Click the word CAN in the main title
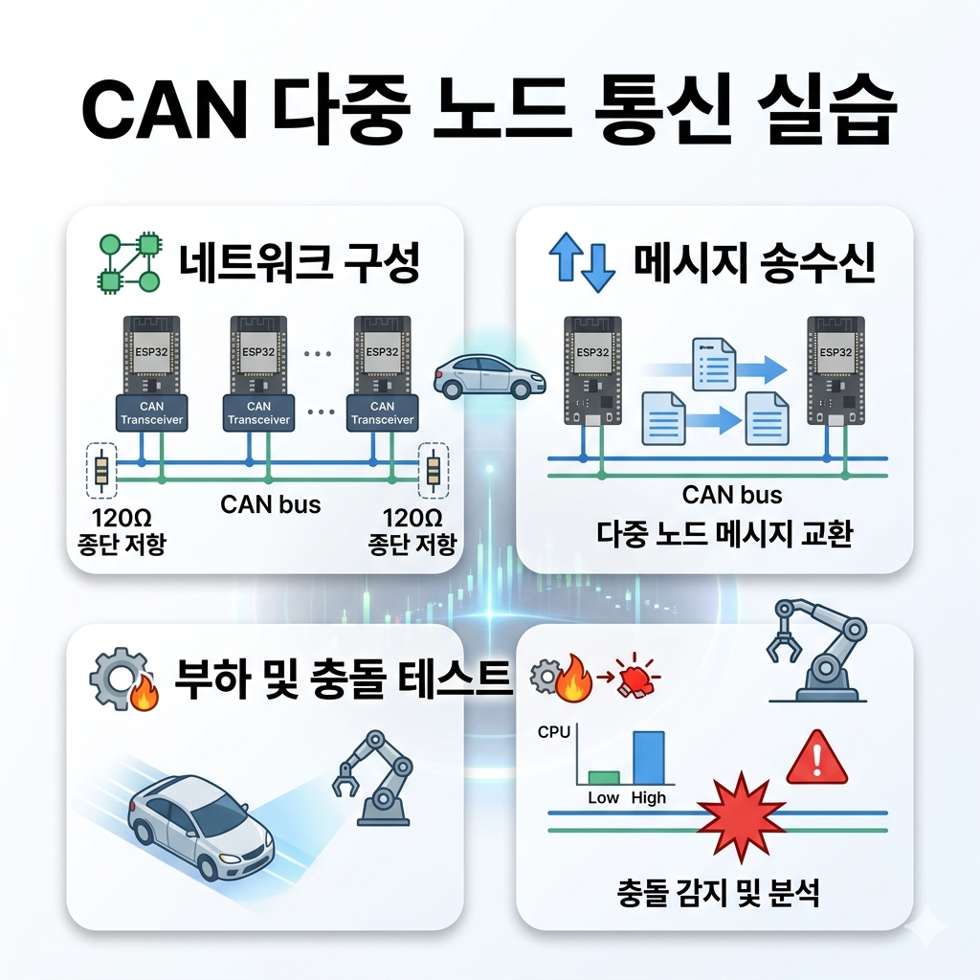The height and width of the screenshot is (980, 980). click(165, 111)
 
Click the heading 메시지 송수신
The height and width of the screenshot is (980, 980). click(754, 263)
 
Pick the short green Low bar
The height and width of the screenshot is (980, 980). click(604, 776)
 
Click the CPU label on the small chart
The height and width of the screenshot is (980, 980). click(554, 732)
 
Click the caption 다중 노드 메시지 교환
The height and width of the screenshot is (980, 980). click(724, 533)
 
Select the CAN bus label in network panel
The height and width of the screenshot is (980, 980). click(270, 504)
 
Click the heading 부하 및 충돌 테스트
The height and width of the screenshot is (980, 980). click(342, 680)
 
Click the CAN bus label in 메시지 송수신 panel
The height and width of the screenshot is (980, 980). click(732, 495)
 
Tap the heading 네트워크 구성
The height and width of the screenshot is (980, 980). click(298, 263)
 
